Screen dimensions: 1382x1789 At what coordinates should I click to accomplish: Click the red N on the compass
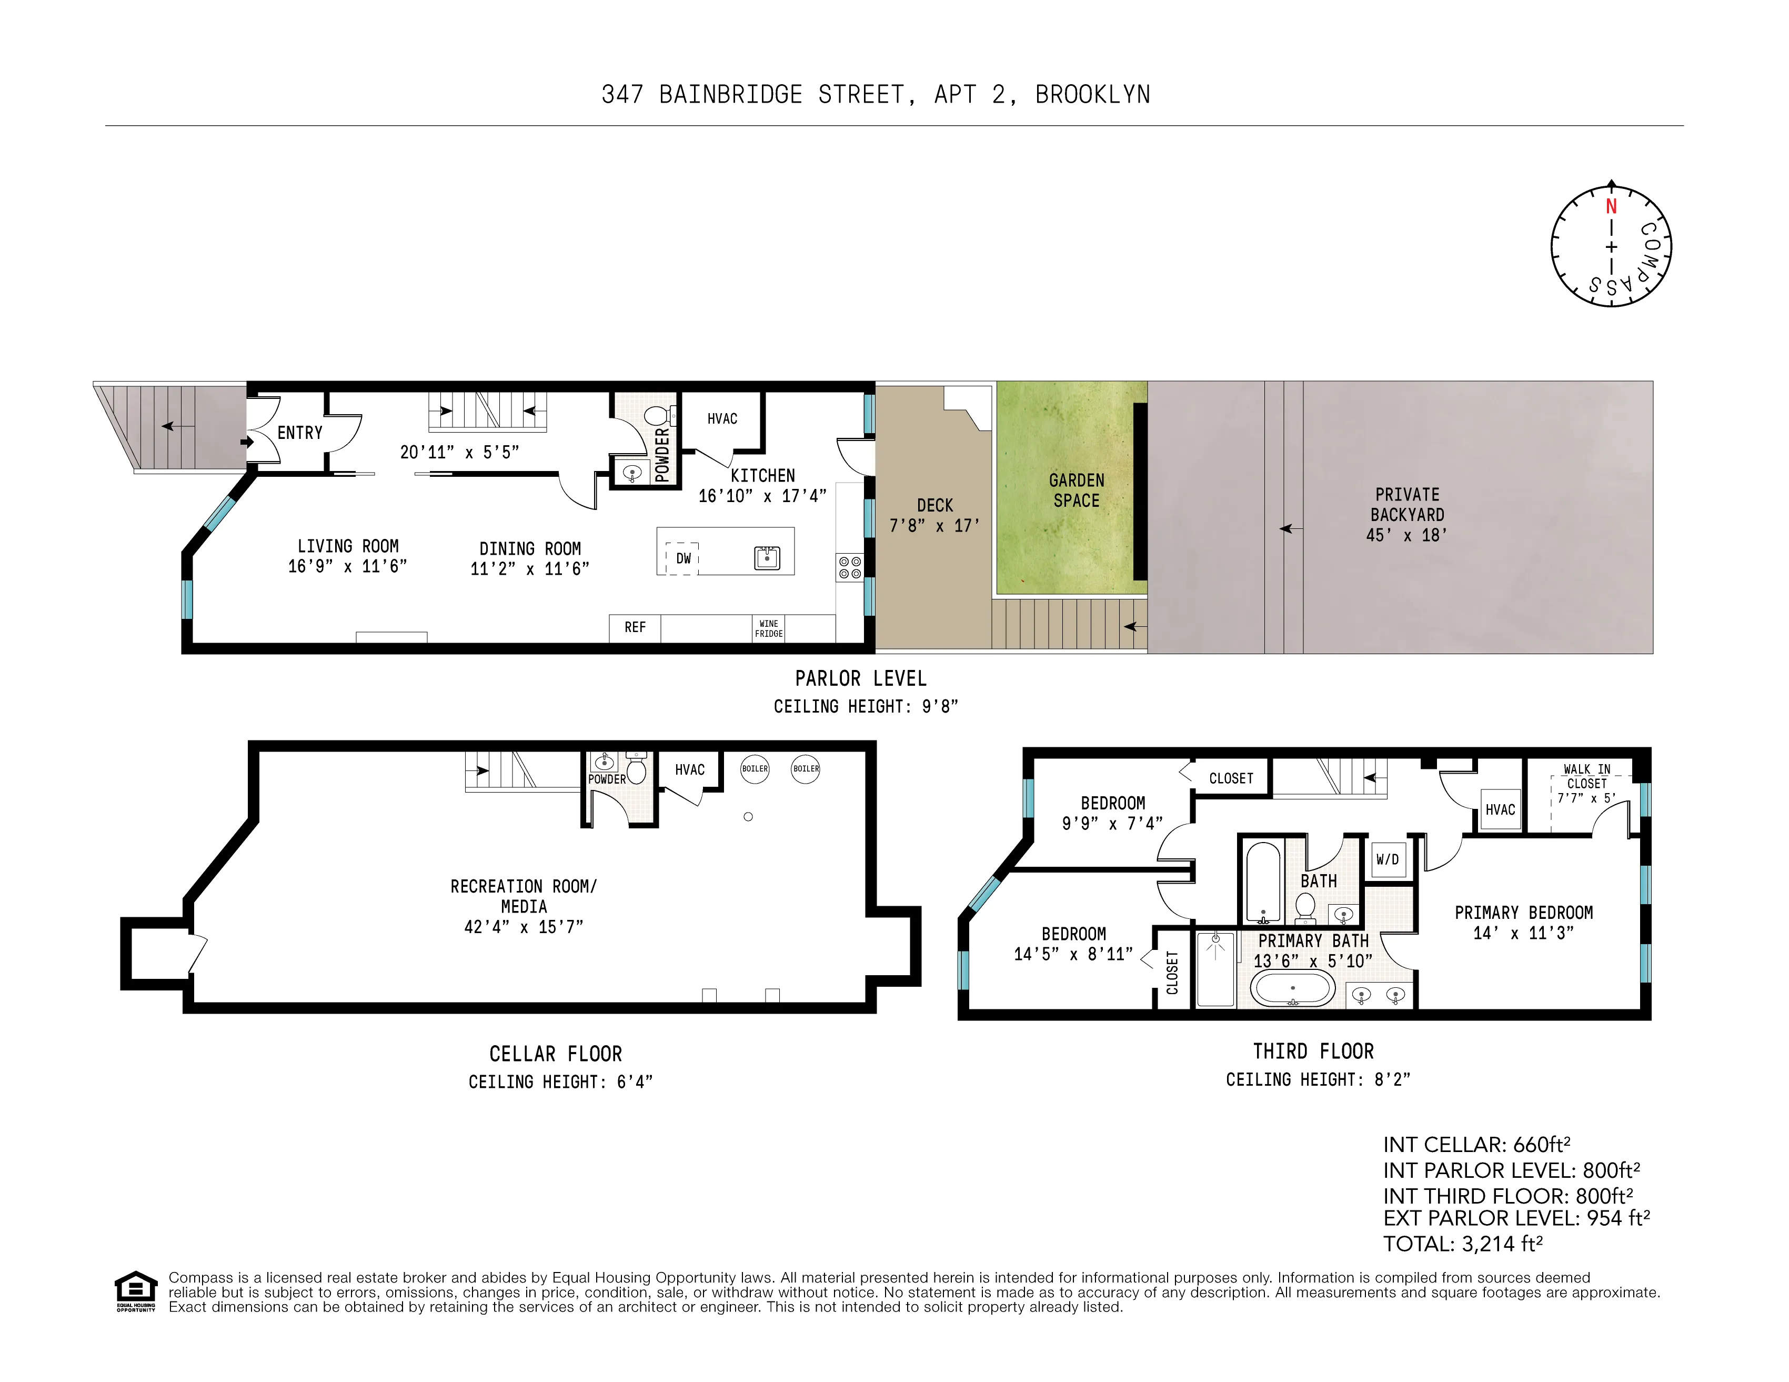click(1611, 207)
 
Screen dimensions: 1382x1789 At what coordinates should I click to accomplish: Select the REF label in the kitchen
click(635, 627)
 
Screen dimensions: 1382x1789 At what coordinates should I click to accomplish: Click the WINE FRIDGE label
click(768, 628)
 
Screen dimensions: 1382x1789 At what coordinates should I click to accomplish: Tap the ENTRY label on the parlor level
click(300, 433)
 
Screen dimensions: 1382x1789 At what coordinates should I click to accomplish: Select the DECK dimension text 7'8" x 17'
click(934, 526)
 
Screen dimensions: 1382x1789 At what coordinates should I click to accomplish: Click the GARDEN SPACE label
click(1077, 490)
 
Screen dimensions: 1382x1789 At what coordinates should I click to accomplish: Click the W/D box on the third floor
click(1388, 859)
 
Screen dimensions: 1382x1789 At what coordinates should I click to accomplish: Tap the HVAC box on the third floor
click(1500, 809)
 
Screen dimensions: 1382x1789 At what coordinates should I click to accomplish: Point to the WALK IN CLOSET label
click(1586, 776)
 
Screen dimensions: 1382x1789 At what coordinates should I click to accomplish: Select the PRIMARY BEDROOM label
click(1524, 913)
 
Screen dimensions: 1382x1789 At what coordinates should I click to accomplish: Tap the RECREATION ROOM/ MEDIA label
click(524, 896)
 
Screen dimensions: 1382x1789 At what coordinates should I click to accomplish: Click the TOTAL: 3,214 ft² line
click(1463, 1244)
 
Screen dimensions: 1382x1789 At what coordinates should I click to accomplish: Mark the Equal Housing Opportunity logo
click(135, 1290)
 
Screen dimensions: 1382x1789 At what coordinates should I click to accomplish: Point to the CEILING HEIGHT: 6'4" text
click(560, 1082)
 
